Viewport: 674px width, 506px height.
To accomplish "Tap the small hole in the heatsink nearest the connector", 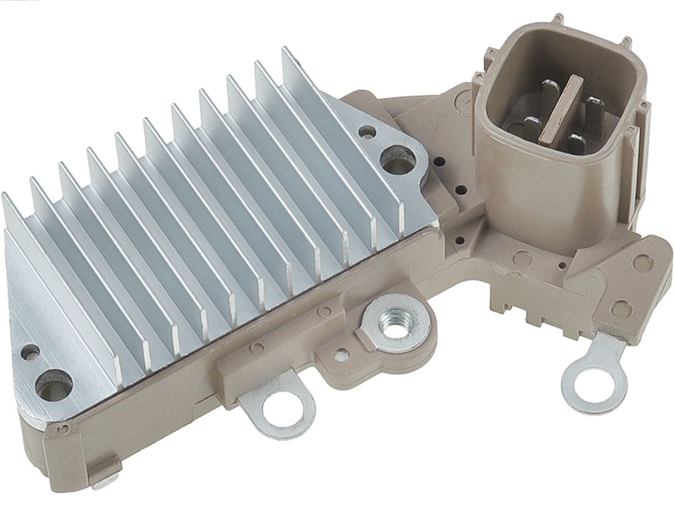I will click(x=368, y=132).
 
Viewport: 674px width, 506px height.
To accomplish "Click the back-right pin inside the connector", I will click(x=592, y=106).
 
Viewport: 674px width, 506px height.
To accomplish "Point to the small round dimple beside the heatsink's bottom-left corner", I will click(x=63, y=429).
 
